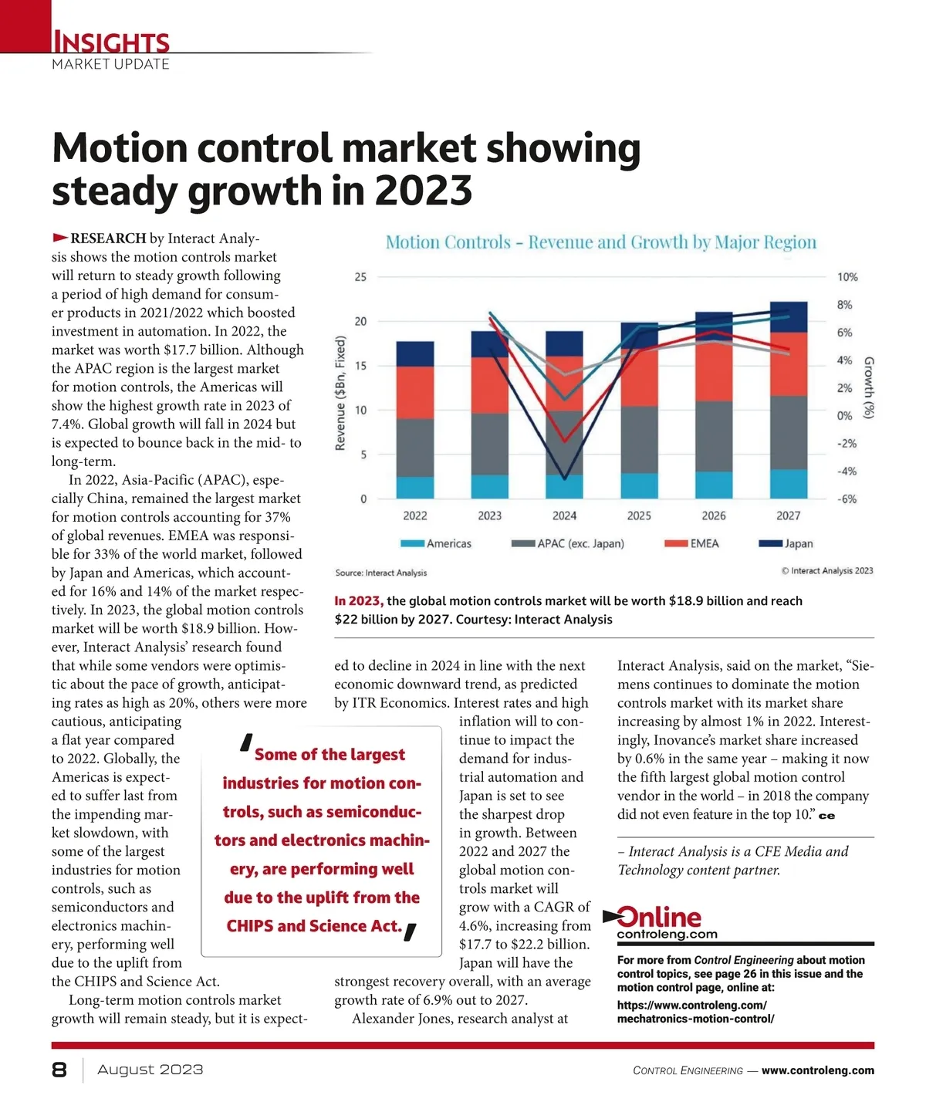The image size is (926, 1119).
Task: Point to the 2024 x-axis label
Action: coord(564,516)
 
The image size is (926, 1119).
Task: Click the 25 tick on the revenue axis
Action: coord(360,277)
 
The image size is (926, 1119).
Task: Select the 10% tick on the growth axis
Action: coord(847,277)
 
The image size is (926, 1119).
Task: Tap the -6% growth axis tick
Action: coord(847,499)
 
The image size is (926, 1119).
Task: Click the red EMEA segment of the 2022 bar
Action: coord(415,392)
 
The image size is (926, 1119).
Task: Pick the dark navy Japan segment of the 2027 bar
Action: coord(789,316)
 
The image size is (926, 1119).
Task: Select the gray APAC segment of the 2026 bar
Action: coord(714,436)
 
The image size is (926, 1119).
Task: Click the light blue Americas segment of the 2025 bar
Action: coord(639,485)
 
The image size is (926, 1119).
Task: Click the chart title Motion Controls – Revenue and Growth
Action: coord(600,242)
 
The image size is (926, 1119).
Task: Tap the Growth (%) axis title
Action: coord(869,387)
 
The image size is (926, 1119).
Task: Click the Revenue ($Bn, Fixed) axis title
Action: coord(340,393)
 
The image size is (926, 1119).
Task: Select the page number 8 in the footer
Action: coord(59,1070)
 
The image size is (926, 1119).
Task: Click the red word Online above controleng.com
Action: coord(659,917)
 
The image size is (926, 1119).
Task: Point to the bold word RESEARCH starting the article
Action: coord(108,238)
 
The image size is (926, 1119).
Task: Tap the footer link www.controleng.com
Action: coord(818,1070)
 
